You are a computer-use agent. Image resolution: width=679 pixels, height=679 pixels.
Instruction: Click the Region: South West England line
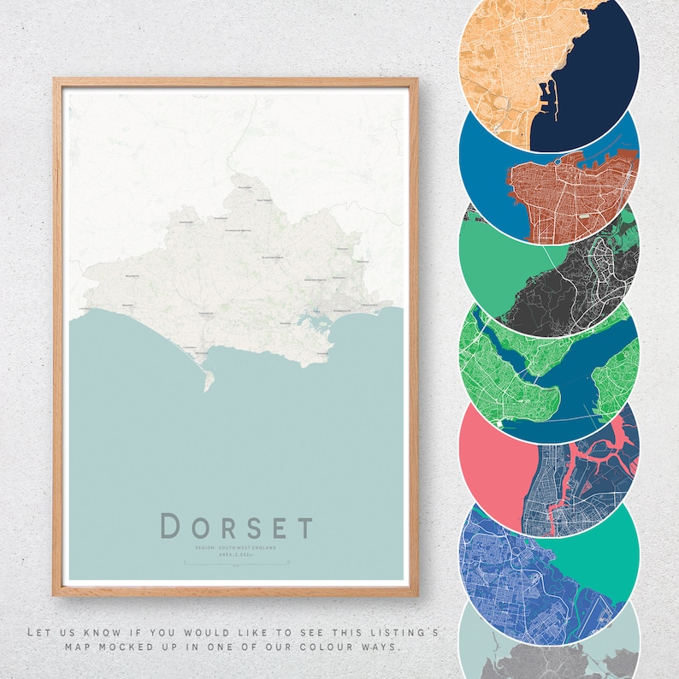236,546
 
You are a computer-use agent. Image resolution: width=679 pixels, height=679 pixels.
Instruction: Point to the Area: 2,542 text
236,554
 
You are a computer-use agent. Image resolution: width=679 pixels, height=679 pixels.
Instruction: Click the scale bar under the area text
236,562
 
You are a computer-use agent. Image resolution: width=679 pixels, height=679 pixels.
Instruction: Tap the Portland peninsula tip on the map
207,387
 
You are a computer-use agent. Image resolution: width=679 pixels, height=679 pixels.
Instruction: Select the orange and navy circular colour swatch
549,60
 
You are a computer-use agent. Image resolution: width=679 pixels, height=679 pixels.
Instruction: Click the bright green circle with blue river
549,368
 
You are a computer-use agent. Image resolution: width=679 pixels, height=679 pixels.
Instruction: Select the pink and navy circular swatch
549,466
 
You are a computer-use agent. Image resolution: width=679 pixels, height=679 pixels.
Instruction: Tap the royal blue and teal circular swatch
549,560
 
